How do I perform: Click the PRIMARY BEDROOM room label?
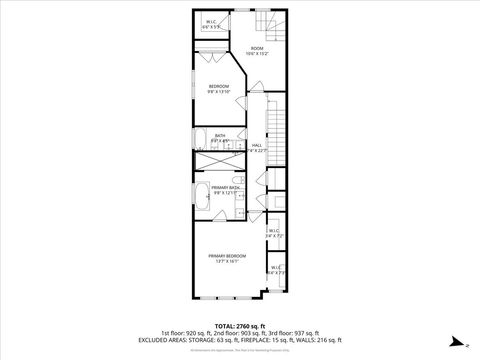coord(227,256)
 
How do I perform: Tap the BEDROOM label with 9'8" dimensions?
coord(219,87)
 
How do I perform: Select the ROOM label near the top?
coord(257,48)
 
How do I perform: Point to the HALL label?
coord(257,146)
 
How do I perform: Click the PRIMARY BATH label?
coord(226,187)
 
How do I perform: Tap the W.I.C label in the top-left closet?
coord(212,22)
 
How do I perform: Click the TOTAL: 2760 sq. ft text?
coord(239,325)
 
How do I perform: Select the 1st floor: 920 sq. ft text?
coord(184,332)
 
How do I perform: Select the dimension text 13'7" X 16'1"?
coord(227,262)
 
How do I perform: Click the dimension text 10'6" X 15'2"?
coord(257,54)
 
